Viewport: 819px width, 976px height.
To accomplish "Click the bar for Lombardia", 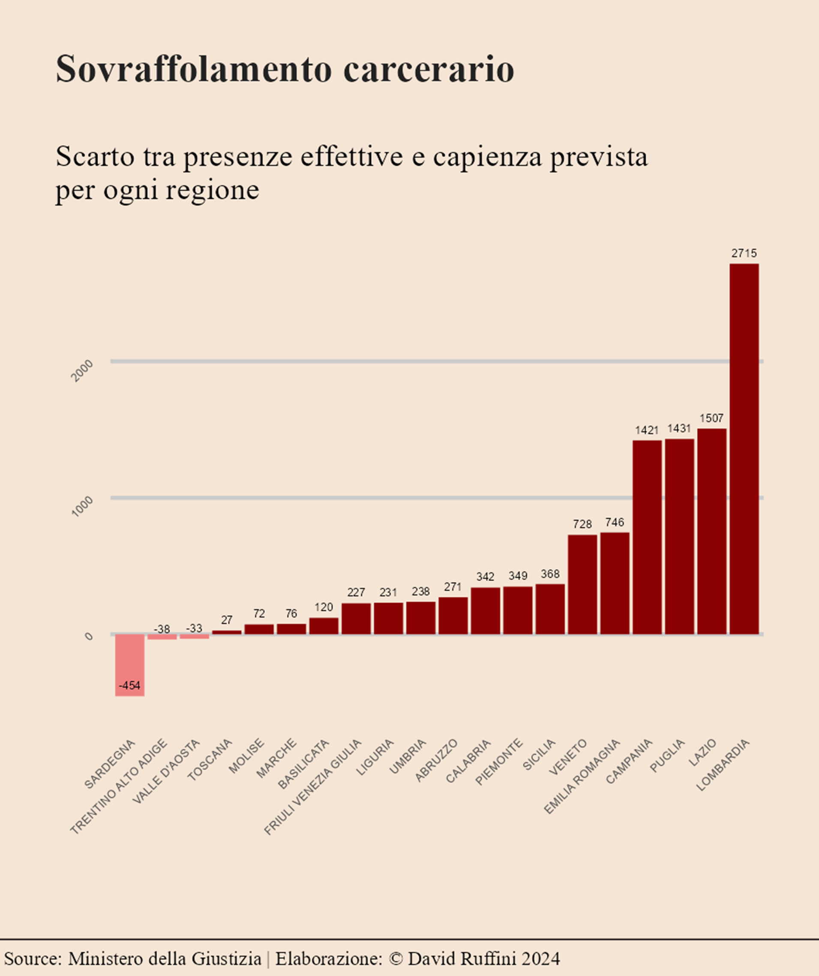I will (x=744, y=448).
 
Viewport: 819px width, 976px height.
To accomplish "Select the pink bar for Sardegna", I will (x=130, y=665).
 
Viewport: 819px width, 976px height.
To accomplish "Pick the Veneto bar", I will (x=582, y=584).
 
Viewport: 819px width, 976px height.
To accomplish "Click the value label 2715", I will (x=744, y=253).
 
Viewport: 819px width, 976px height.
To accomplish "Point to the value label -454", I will (x=130, y=686).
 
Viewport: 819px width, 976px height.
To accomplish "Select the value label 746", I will (x=615, y=522).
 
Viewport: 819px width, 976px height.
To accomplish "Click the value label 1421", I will (x=647, y=430).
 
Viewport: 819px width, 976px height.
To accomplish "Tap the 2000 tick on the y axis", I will (x=82, y=371).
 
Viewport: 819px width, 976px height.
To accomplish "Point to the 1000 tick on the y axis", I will (x=82, y=506).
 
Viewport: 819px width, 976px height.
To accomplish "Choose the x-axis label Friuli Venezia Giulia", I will (x=313, y=786).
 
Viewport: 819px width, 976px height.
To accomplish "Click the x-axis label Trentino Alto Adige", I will (x=119, y=786).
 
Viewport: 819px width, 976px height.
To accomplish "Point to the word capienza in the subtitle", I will (x=487, y=157).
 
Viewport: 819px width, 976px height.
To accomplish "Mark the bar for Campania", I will (x=647, y=537).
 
